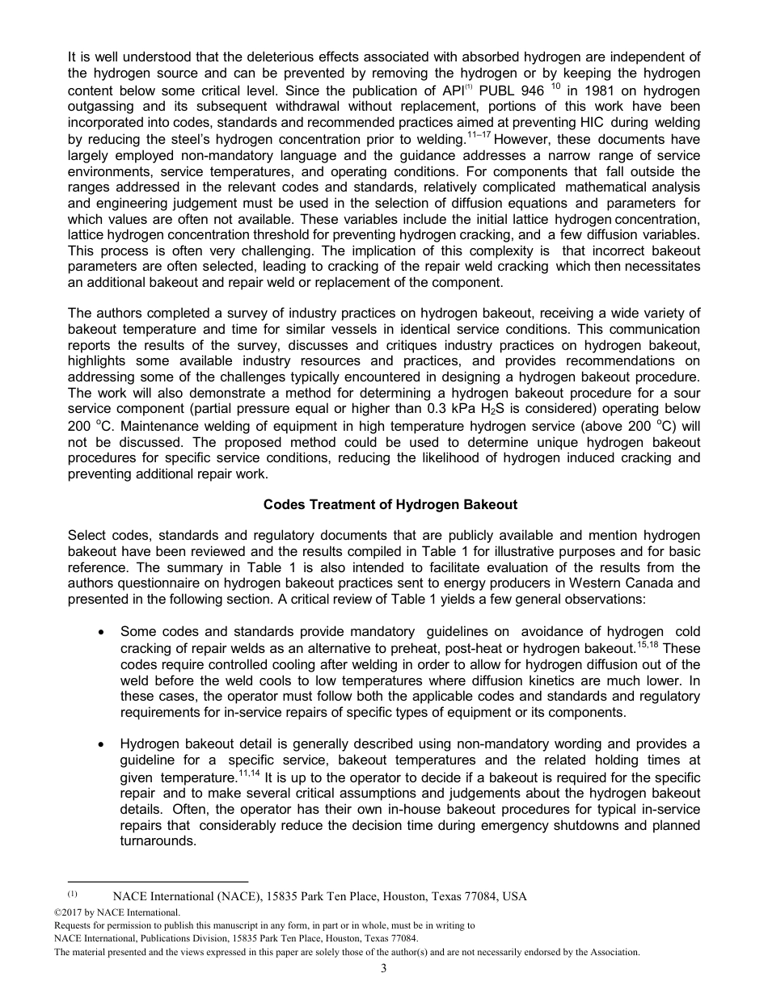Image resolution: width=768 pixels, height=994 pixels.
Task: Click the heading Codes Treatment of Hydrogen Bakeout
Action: (390, 504)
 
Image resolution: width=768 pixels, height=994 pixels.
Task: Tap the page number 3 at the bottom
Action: (384, 969)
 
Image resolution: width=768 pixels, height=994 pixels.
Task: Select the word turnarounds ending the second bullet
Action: (158, 841)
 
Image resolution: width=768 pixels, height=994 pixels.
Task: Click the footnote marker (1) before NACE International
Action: (72, 895)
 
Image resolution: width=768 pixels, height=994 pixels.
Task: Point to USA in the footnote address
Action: (513, 896)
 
